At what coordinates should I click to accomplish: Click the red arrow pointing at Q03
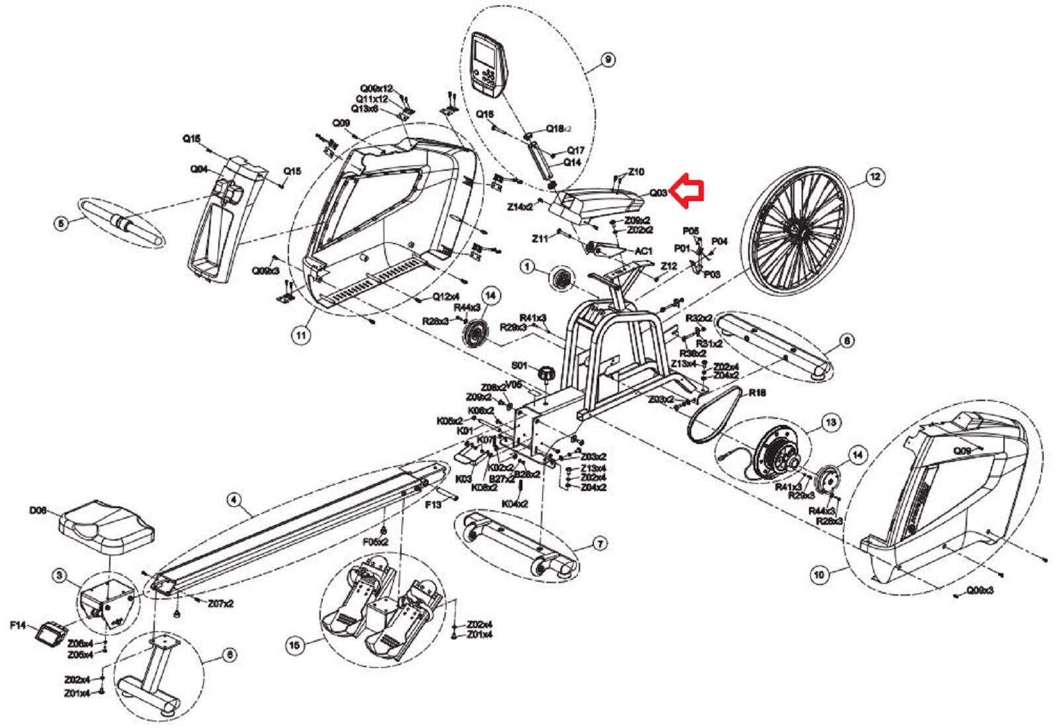point(686,191)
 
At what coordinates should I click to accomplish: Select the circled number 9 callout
point(607,60)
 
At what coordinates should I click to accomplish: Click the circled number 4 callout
point(233,500)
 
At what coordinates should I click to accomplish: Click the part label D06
point(38,511)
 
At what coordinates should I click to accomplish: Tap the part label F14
point(18,625)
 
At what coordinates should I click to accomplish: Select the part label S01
point(520,365)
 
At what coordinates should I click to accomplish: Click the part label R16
point(757,392)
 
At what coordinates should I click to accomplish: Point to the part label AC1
point(644,251)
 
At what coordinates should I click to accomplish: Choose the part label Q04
point(199,169)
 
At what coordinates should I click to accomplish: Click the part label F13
point(433,504)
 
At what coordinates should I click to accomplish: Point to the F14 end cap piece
point(49,635)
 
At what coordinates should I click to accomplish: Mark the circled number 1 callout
point(527,267)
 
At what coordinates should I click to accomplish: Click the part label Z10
point(636,172)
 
